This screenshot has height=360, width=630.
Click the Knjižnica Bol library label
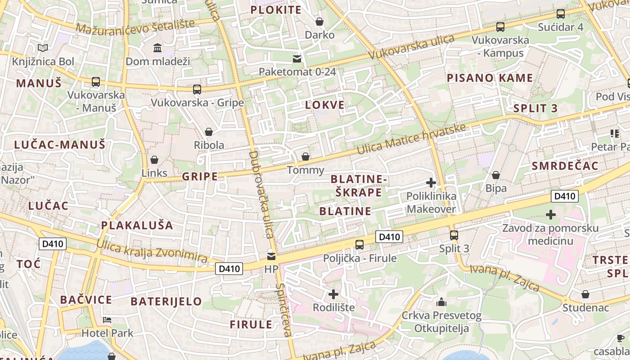click(43, 62)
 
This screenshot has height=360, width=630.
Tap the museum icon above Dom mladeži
click(157, 48)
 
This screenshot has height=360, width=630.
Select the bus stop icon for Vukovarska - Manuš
click(96, 82)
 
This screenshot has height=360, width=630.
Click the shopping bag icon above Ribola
click(209, 132)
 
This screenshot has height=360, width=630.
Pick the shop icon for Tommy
click(306, 157)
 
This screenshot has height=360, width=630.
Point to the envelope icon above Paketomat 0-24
click(297, 58)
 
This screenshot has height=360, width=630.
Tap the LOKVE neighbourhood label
click(325, 105)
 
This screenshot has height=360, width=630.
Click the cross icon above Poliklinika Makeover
click(431, 183)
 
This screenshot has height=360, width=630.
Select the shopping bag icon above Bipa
click(496, 175)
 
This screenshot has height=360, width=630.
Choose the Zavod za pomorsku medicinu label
click(550, 234)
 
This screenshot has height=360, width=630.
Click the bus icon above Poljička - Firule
click(360, 245)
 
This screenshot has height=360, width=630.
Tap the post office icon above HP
click(271, 256)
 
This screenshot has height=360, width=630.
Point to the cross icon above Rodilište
click(333, 294)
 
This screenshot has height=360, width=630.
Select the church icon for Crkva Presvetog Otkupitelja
click(441, 302)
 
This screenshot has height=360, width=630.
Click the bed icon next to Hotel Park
click(107, 320)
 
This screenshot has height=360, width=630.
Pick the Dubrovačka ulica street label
click(261, 194)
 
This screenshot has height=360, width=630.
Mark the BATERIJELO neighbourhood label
click(166, 301)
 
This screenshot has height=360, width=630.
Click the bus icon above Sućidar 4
click(561, 14)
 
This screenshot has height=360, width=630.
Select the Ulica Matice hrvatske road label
click(411, 138)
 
